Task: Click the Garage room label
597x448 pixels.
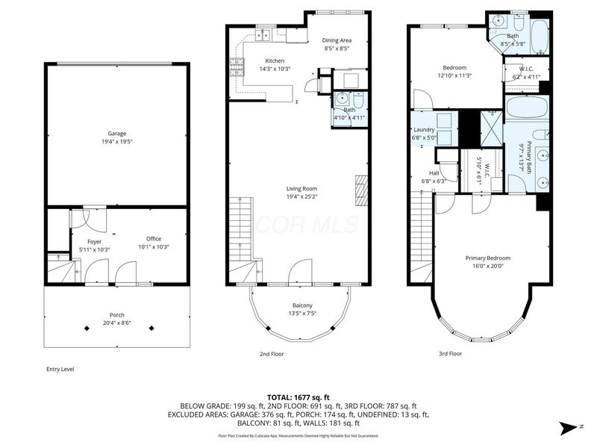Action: [x=116, y=134]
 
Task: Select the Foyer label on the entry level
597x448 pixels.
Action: [x=95, y=241]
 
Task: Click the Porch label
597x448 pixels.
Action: [x=116, y=314]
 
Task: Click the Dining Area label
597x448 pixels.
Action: [x=337, y=40]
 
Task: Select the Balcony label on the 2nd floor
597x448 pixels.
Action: [x=302, y=305]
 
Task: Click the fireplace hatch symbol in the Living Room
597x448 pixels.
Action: [x=362, y=190]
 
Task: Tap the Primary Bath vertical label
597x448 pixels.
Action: [x=529, y=158]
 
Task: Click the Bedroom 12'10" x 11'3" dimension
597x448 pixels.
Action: [x=454, y=75]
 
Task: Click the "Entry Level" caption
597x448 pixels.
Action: [x=60, y=369]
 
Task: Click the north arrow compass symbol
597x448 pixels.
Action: [x=569, y=426]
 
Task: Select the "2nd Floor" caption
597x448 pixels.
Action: [x=271, y=353]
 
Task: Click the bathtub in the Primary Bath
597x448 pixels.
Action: [x=527, y=108]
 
